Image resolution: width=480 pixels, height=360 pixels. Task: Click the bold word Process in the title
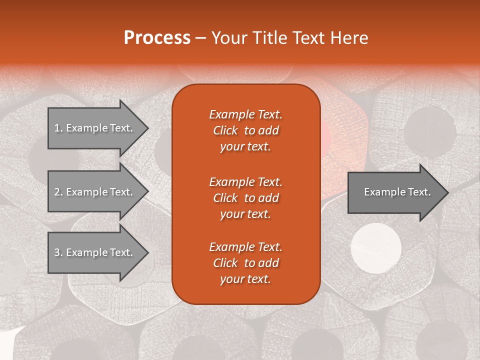pyautogui.click(x=157, y=38)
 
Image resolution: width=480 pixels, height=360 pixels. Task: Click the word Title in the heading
pyautogui.click(x=269, y=38)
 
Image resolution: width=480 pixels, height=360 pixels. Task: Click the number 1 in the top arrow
pyautogui.click(x=57, y=128)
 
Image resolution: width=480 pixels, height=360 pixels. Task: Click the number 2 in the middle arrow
pyautogui.click(x=57, y=192)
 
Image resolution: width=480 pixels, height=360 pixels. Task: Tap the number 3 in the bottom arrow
pyautogui.click(x=57, y=252)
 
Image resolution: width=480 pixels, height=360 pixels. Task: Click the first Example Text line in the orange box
pyautogui.click(x=245, y=114)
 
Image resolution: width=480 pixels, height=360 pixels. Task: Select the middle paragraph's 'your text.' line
pyautogui.click(x=245, y=214)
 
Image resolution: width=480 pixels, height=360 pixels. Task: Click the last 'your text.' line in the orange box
pyautogui.click(x=245, y=279)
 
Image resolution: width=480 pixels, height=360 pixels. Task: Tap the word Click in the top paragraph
pyautogui.click(x=225, y=130)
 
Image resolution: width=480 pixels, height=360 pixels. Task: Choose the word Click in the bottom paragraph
pyautogui.click(x=225, y=263)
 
